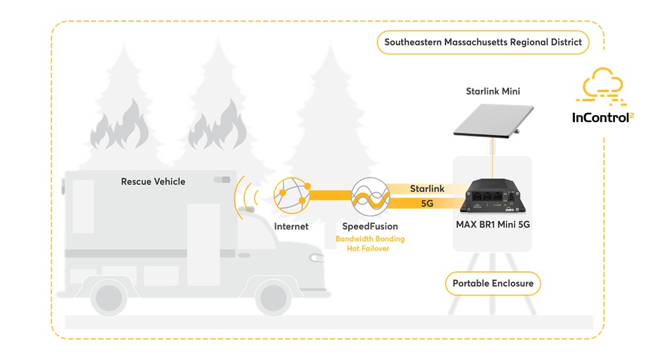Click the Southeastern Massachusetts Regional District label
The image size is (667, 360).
pyautogui.click(x=483, y=42)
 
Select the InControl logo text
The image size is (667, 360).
pyautogui.click(x=601, y=116)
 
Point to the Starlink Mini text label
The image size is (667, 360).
pyautogui.click(x=493, y=92)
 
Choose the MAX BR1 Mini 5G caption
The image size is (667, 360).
pyautogui.click(x=493, y=227)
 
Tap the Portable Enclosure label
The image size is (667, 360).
pyautogui.click(x=492, y=284)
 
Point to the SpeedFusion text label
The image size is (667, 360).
pyautogui.click(x=370, y=227)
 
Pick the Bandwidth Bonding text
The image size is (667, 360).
pyautogui.click(x=370, y=239)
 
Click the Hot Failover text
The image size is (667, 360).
pyautogui.click(x=368, y=249)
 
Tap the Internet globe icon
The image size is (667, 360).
pyautogui.click(x=292, y=196)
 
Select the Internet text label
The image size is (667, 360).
pyautogui.click(x=292, y=227)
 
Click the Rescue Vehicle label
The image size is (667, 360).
pyautogui.click(x=153, y=182)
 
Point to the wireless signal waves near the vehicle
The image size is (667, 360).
pyautogui.click(x=245, y=196)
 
